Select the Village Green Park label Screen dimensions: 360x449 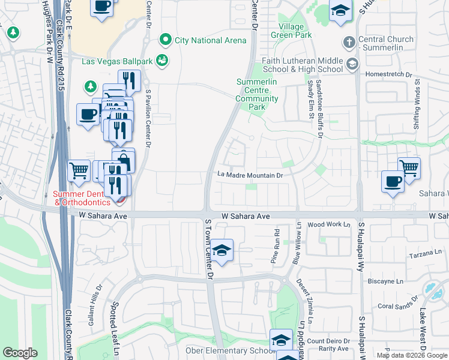295,31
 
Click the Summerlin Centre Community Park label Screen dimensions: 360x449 257,94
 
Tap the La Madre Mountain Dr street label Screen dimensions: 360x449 250,175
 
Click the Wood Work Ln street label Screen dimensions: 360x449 328,224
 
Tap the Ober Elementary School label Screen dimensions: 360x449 229,350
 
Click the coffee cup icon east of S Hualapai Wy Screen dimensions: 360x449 393,181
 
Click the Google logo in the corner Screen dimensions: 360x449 20,353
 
